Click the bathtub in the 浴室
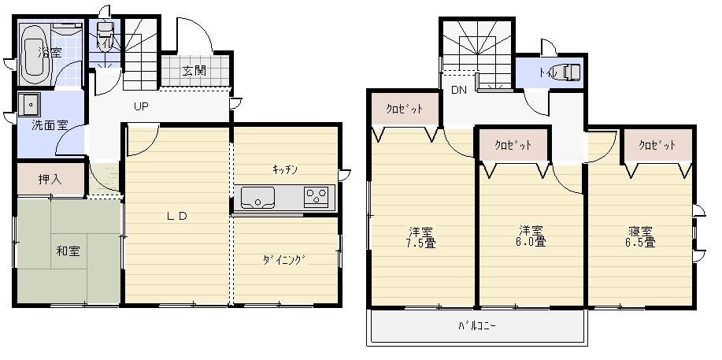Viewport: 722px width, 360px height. click(35, 53)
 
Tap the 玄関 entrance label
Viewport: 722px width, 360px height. click(194, 71)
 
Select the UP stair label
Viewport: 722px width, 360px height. click(142, 106)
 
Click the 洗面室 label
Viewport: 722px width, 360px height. click(48, 125)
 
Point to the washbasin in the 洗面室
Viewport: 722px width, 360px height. click(31, 104)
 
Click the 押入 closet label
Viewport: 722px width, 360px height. click(49, 179)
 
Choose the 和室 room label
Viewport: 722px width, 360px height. click(68, 252)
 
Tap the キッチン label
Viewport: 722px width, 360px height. click(284, 169)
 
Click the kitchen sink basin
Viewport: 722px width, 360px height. click(257, 196)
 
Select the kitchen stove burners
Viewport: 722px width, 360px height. click(317, 196)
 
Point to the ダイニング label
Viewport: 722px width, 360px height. click(283, 260)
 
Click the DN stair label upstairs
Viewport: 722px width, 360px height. click(459, 90)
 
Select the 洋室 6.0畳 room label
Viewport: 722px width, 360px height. click(531, 236)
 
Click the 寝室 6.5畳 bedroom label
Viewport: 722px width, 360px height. click(642, 237)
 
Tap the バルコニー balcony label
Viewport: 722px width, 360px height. click(477, 325)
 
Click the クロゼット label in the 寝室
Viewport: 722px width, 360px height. click(657, 146)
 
